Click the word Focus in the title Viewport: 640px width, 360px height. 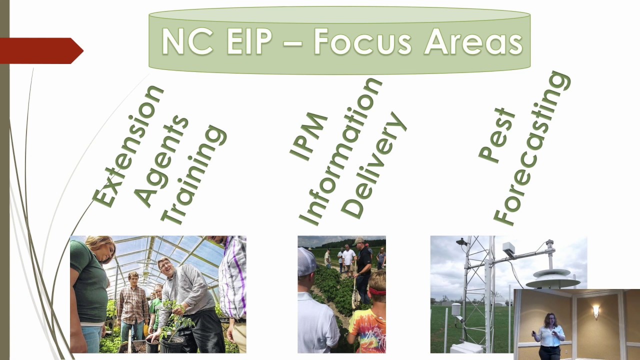click(x=363, y=41)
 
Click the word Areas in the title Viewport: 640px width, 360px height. click(x=473, y=41)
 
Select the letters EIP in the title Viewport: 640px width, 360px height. click(x=249, y=41)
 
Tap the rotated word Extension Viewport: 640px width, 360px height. click(x=128, y=146)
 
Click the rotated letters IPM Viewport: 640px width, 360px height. click(x=309, y=136)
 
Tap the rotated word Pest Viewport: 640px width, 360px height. click(x=496, y=135)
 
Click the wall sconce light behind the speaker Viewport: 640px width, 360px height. click(x=596, y=311)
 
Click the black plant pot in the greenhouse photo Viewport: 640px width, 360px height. click(x=172, y=344)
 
